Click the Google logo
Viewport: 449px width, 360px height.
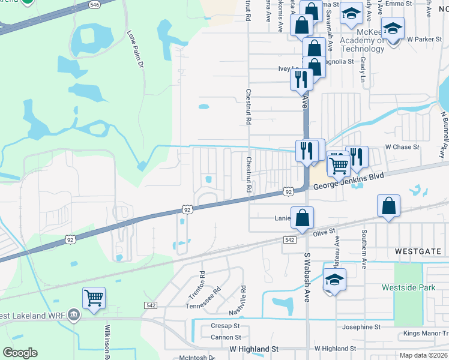tap(20, 353)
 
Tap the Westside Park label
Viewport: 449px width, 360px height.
tap(409, 287)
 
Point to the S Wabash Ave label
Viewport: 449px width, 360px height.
tap(307, 277)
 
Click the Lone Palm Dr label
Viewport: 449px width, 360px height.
tap(136, 50)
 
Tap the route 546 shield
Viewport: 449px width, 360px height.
tap(94, 4)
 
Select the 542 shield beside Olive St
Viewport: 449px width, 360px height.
tap(289, 239)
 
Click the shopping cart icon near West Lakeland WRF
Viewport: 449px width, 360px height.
tap(94, 297)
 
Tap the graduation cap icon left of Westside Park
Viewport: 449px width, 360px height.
tap(334, 280)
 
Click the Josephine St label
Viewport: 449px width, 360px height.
tap(361, 327)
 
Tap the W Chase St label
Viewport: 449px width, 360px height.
tap(402, 146)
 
